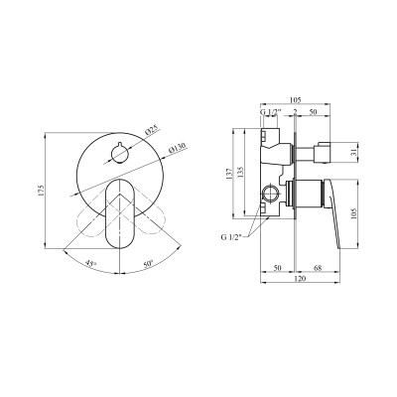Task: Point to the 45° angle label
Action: pyautogui.click(x=91, y=263)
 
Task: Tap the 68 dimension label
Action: pyautogui.click(x=317, y=268)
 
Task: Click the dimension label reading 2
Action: pyautogui.click(x=297, y=112)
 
